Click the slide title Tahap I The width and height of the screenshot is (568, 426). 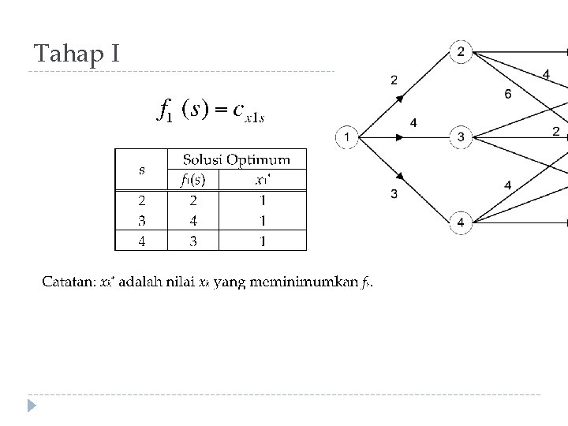(x=77, y=54)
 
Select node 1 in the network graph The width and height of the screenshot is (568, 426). (x=346, y=137)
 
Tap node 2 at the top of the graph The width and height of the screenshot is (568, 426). (x=461, y=53)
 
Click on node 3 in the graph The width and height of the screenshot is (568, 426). (x=461, y=138)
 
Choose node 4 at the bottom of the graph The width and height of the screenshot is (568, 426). (x=461, y=224)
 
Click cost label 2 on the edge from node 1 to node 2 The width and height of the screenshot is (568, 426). (x=394, y=79)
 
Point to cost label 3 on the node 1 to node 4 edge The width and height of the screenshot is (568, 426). (x=394, y=193)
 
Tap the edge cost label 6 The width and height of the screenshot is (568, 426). (x=507, y=94)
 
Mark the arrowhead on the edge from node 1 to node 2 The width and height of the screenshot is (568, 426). (x=400, y=98)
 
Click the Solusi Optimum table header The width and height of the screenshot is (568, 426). (x=236, y=160)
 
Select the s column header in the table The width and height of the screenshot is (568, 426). (x=142, y=170)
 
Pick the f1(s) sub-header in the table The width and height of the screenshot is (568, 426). (x=192, y=179)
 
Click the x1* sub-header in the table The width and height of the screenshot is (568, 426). (x=263, y=179)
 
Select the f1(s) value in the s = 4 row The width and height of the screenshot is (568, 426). (x=192, y=241)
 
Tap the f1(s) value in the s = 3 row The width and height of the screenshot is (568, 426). (x=192, y=220)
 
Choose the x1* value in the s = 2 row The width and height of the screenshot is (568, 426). (x=263, y=200)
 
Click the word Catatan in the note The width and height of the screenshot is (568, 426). (x=65, y=282)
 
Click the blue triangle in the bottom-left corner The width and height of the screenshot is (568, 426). (x=32, y=406)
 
